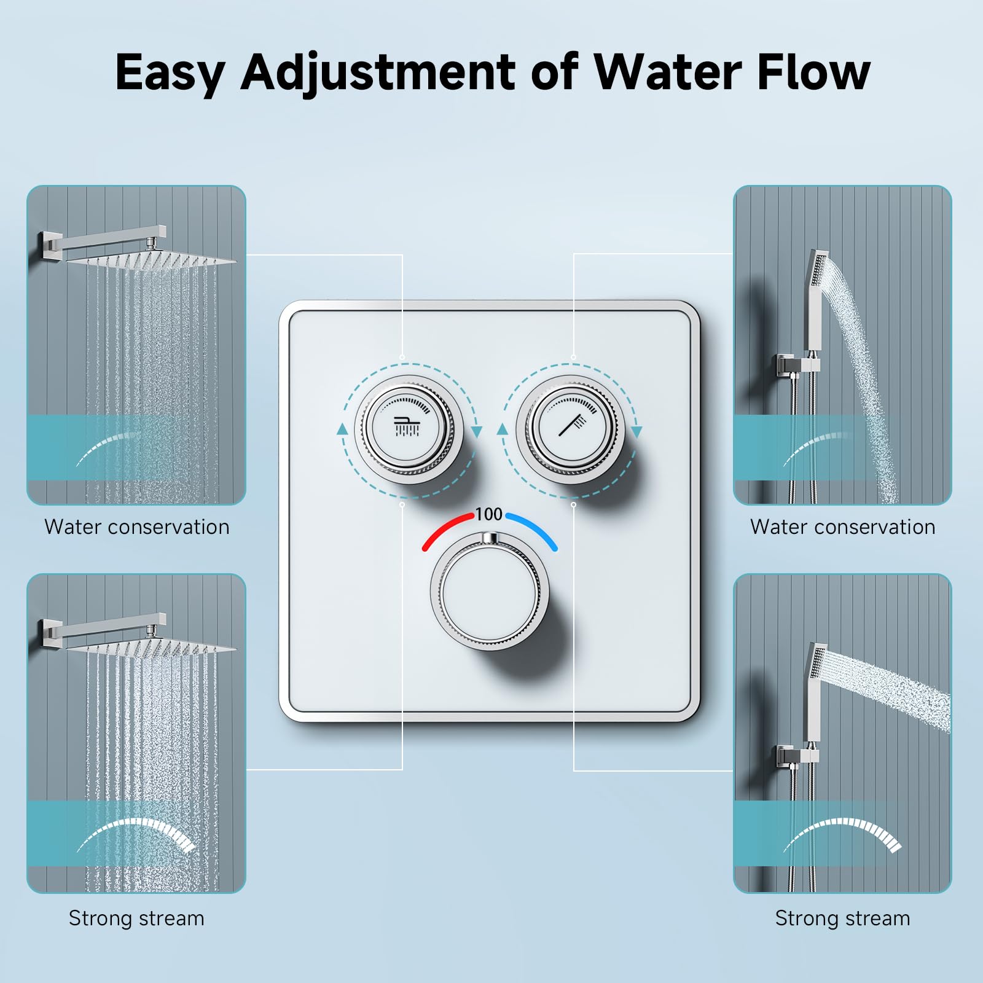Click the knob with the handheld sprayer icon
[572, 428]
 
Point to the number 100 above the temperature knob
[489, 514]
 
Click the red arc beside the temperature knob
[446, 529]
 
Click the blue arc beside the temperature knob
[533, 529]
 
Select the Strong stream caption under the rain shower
[136, 918]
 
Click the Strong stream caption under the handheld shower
[842, 918]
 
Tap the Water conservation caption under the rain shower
[136, 527]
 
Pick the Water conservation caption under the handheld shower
[842, 527]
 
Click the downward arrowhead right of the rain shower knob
[476, 432]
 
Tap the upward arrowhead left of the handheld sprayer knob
[503, 429]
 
